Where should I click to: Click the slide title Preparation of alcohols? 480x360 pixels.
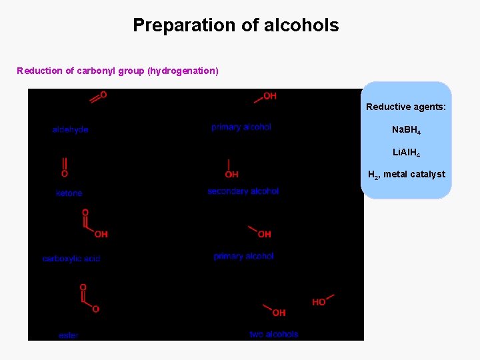(x=235, y=25)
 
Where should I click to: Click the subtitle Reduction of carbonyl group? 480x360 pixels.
(x=117, y=71)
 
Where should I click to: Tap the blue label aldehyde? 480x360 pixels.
(x=70, y=129)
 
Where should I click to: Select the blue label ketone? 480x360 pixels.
(x=69, y=193)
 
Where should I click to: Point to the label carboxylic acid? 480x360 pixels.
(x=71, y=258)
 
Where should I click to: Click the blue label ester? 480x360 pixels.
(x=68, y=335)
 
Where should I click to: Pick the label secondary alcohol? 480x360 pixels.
(x=243, y=191)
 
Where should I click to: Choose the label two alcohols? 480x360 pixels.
(x=273, y=334)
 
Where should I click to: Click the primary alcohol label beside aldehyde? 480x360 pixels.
(x=241, y=127)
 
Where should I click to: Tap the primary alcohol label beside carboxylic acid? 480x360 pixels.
(x=243, y=256)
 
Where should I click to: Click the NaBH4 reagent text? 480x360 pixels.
(x=405, y=129)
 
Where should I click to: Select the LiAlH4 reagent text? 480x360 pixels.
(x=405, y=153)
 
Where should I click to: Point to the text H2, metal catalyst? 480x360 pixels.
(x=406, y=175)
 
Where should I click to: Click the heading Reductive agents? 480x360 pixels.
(x=405, y=107)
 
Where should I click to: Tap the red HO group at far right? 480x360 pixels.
(x=319, y=302)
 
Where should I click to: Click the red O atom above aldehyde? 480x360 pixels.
(x=103, y=95)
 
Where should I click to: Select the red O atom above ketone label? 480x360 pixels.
(x=64, y=173)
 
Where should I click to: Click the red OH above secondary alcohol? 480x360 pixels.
(x=231, y=175)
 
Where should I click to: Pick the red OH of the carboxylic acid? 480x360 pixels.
(x=101, y=234)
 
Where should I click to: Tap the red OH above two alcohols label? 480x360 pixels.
(x=279, y=313)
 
